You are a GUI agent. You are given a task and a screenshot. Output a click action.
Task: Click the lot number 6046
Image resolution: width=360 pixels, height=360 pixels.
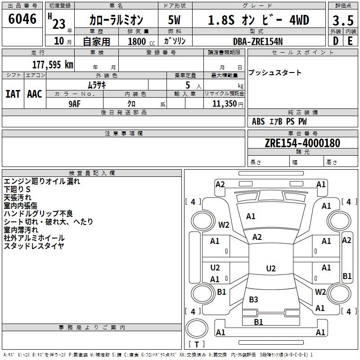point(22,19)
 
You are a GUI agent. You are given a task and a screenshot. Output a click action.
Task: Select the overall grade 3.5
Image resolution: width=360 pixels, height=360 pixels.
point(343,20)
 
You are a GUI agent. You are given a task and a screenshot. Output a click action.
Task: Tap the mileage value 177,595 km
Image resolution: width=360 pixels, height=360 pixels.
point(53,65)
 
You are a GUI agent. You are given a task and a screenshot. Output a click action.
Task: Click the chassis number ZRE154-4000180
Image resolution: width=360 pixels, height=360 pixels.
point(302,143)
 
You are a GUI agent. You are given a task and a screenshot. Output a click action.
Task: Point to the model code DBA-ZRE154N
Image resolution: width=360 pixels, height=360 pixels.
point(258,41)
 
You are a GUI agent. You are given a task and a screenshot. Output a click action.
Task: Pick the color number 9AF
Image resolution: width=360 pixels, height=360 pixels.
point(75,104)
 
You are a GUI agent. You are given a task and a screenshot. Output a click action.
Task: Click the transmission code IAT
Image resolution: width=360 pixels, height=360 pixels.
point(13,94)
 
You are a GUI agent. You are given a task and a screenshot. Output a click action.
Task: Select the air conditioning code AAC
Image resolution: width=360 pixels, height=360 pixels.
point(35,94)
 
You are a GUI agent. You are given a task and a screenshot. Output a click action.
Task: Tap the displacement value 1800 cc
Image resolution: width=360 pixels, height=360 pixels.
point(141,41)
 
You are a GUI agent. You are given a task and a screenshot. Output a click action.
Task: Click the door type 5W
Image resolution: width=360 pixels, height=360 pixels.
point(174,20)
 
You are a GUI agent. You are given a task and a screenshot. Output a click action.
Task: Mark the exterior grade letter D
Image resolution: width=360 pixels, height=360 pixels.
point(336,41)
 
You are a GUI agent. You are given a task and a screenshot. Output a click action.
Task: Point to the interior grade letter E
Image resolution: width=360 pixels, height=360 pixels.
point(350,41)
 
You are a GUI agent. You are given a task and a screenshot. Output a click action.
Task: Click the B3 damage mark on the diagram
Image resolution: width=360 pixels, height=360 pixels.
point(253,299)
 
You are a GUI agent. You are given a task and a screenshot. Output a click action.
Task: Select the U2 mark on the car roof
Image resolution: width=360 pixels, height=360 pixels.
point(271,268)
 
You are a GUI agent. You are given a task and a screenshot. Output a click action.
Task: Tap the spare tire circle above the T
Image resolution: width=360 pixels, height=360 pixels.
point(197,328)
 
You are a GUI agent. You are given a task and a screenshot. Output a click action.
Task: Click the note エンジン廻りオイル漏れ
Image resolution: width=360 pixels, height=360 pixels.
point(42,181)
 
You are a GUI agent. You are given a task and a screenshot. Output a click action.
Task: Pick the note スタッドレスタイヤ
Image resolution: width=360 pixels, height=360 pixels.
point(34,246)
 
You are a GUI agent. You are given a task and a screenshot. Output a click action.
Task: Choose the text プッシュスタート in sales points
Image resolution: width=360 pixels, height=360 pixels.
point(275,72)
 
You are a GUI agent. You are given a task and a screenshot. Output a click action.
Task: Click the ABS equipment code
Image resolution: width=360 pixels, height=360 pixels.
point(258,121)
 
